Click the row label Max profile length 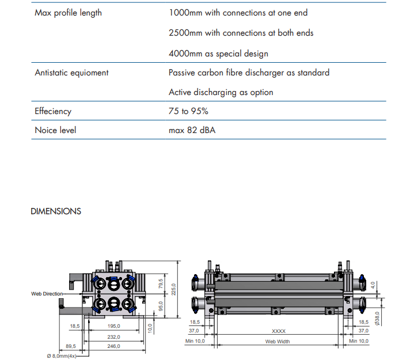(68, 13)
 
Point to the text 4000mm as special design (218, 54)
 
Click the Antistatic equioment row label (71, 73)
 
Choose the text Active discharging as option (221, 92)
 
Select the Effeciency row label (53, 111)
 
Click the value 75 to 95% (188, 111)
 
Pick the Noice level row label (55, 130)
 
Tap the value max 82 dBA (193, 130)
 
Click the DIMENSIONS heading (56, 211)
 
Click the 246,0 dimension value (113, 346)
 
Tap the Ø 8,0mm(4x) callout (61, 355)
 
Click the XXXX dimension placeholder (279, 331)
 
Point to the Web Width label (278, 342)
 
